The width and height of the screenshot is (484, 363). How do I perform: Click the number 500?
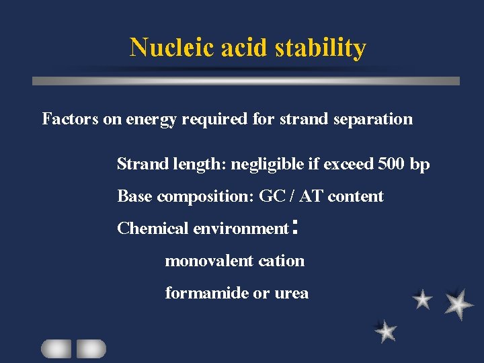click(x=393, y=164)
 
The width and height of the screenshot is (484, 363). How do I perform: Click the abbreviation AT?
click(x=311, y=196)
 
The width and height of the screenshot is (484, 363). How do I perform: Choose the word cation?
click(x=283, y=261)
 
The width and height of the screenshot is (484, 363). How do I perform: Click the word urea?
click(x=292, y=294)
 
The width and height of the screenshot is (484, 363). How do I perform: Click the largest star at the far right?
click(x=458, y=304)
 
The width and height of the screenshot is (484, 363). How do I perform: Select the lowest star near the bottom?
click(x=386, y=331)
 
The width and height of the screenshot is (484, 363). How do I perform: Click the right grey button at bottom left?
click(x=91, y=348)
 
